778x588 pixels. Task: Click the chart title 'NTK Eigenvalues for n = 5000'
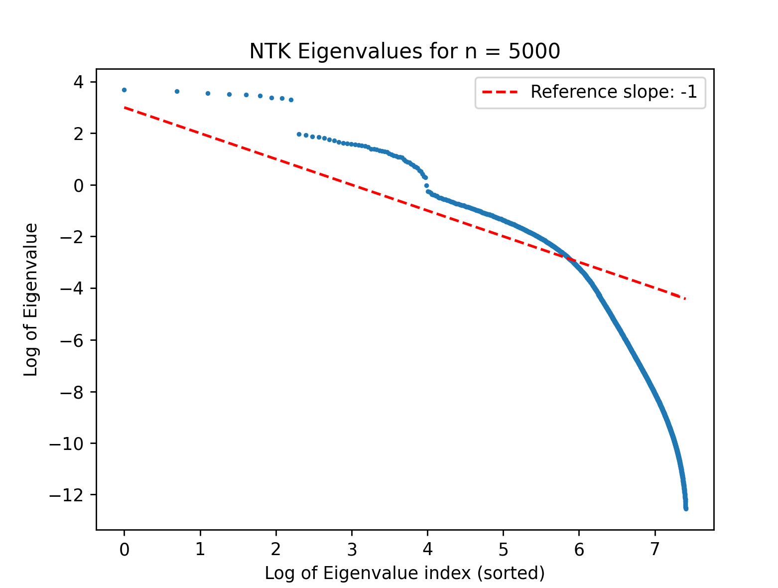click(404, 51)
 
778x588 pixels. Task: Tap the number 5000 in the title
click(534, 51)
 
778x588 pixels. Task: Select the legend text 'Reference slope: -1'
click(614, 92)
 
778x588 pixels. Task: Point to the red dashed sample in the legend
click(500, 92)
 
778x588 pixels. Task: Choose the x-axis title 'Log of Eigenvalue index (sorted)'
click(405, 573)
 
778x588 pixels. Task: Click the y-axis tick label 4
click(78, 82)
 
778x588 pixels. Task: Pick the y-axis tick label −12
click(66, 495)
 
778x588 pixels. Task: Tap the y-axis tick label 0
click(78, 185)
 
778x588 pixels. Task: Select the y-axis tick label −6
click(72, 340)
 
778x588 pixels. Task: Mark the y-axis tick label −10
click(66, 443)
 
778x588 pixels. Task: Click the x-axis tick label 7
click(654, 549)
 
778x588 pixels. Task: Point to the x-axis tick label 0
click(125, 549)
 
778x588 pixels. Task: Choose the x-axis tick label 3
click(352, 549)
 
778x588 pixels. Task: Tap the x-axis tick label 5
click(503, 549)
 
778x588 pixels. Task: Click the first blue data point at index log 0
click(125, 90)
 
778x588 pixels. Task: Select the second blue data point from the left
click(177, 92)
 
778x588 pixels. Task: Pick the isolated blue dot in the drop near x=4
click(426, 185)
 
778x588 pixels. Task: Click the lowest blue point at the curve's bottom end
click(686, 509)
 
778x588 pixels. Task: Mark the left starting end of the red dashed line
click(125, 108)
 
